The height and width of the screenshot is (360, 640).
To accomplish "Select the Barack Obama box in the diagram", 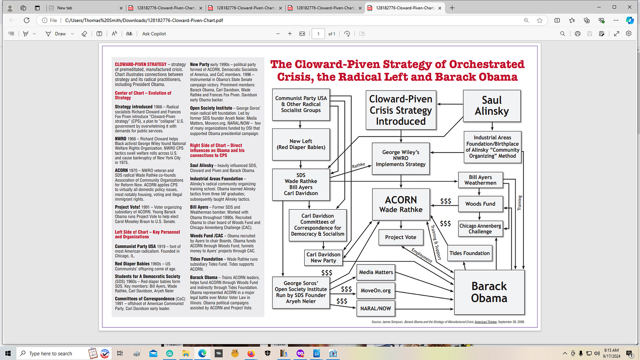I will pyautogui.click(x=489, y=292).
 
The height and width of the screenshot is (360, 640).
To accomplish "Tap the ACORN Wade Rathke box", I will pyautogui.click(x=401, y=204).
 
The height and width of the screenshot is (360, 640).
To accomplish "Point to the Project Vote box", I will pyautogui.click(x=400, y=237).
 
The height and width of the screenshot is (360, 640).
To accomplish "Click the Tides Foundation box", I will pyautogui.click(x=469, y=253).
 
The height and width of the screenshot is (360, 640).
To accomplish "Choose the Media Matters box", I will pyautogui.click(x=376, y=272).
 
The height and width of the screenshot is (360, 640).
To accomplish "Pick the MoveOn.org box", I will pyautogui.click(x=376, y=291).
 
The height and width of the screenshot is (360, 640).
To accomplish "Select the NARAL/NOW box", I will pyautogui.click(x=376, y=309).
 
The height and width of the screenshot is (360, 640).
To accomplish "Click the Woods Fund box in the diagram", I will pyautogui.click(x=480, y=204).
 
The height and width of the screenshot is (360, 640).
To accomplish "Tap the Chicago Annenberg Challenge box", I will pyautogui.click(x=480, y=229).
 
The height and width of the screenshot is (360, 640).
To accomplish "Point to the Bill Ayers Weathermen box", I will pyautogui.click(x=480, y=180).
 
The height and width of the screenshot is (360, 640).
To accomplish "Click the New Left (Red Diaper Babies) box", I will pyautogui.click(x=301, y=144).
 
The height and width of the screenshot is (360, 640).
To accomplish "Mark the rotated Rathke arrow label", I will pyautogui.click(x=358, y=166).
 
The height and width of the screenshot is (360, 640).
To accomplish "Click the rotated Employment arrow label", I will pyautogui.click(x=422, y=255).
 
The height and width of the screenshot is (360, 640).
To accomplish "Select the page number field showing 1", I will pyautogui.click(x=318, y=34).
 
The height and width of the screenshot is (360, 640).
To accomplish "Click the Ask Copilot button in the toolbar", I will pyautogui.click(x=154, y=34).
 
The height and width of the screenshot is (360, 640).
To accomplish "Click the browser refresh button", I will pyautogui.click(x=26, y=20).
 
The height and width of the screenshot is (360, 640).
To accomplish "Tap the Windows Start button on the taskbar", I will pyautogui.click(x=7, y=353).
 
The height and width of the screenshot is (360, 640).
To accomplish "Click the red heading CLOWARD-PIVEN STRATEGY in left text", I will pyautogui.click(x=141, y=64).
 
